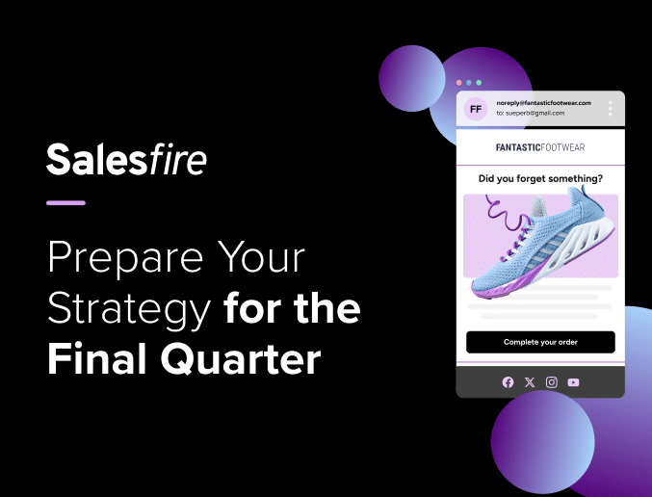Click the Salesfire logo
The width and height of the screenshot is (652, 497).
(x=126, y=159)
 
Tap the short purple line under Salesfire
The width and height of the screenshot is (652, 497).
(x=65, y=203)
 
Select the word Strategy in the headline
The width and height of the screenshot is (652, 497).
(x=129, y=311)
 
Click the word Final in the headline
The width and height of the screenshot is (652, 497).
(x=97, y=358)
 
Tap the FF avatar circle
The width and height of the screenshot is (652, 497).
(x=476, y=109)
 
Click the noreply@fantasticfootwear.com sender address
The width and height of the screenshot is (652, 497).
(x=543, y=103)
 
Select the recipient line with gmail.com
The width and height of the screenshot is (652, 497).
(x=530, y=113)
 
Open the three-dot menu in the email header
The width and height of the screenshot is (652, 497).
(x=610, y=109)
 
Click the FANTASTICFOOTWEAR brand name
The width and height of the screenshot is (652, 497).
(x=540, y=147)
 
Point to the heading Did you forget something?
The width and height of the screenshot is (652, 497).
(x=540, y=178)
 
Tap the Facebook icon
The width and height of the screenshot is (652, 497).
(x=508, y=382)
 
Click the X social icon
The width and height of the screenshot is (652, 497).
(x=530, y=382)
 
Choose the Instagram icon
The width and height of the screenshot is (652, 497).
(x=552, y=382)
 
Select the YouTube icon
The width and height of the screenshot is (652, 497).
(x=573, y=382)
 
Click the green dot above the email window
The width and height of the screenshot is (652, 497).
(x=479, y=83)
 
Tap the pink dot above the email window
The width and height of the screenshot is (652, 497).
(x=458, y=83)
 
